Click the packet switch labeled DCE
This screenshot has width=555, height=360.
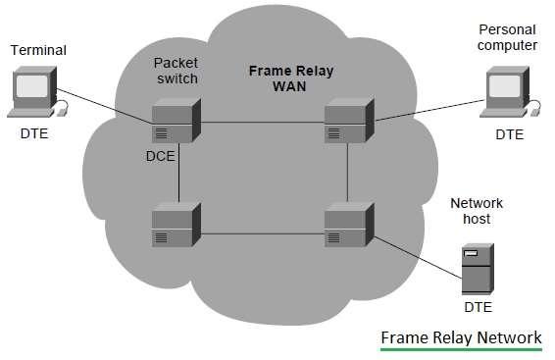point(177,122)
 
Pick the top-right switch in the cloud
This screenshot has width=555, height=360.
point(349,121)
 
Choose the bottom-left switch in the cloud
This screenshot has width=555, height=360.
point(177,226)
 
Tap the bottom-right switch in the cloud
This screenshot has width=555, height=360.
point(349,226)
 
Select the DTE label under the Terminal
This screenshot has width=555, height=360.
point(34,135)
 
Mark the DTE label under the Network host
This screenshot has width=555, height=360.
point(477,308)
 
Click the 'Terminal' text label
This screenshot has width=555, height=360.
point(33,48)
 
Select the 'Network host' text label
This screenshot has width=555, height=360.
point(477,211)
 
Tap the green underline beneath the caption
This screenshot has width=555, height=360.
point(461,349)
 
